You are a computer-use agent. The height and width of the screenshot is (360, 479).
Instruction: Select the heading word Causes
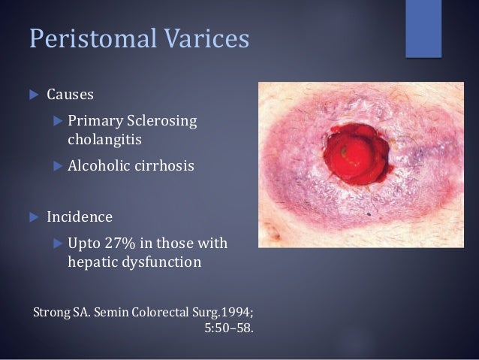(x=71, y=95)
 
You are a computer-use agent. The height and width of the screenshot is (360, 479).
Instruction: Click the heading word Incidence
(x=80, y=218)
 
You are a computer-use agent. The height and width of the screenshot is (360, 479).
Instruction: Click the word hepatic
(x=92, y=264)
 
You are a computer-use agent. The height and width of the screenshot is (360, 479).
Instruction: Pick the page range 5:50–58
(x=228, y=328)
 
